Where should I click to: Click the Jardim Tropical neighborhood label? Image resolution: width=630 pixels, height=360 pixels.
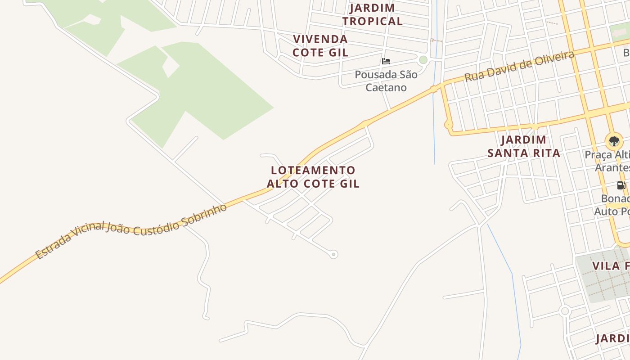[x=372, y=14]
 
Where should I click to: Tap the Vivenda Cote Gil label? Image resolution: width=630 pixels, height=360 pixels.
[x=320, y=45]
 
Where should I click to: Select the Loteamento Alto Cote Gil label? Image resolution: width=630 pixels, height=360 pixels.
[x=313, y=177]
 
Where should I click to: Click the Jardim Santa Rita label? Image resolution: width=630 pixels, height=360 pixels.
[x=524, y=146]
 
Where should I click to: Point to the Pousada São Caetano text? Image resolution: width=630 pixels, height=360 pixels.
[x=386, y=81]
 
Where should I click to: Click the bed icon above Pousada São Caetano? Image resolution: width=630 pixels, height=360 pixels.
[x=386, y=61]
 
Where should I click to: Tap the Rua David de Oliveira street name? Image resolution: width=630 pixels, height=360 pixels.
[x=519, y=66]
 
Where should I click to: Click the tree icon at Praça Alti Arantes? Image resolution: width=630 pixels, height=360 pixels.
[x=614, y=141]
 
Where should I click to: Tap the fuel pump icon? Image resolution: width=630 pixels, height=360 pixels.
[x=621, y=185]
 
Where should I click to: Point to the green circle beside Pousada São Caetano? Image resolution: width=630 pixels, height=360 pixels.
[x=423, y=60]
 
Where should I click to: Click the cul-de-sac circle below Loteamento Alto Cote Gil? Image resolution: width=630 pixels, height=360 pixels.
[x=333, y=254]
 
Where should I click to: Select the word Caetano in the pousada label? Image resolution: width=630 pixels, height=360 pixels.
[x=386, y=87]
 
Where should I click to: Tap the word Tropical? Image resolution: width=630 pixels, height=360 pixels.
[x=372, y=21]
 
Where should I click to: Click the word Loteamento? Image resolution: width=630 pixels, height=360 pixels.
[x=313, y=170]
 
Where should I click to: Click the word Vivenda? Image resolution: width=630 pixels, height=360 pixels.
[x=320, y=39]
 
